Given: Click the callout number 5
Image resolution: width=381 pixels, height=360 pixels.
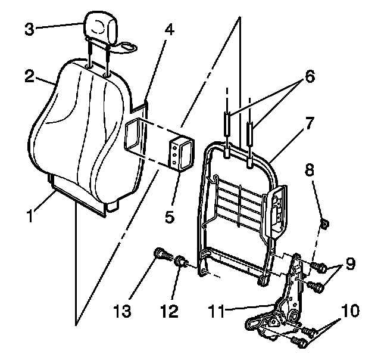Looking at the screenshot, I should tap(170, 217).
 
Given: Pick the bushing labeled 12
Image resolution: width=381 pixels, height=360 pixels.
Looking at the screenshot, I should tap(181, 260).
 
